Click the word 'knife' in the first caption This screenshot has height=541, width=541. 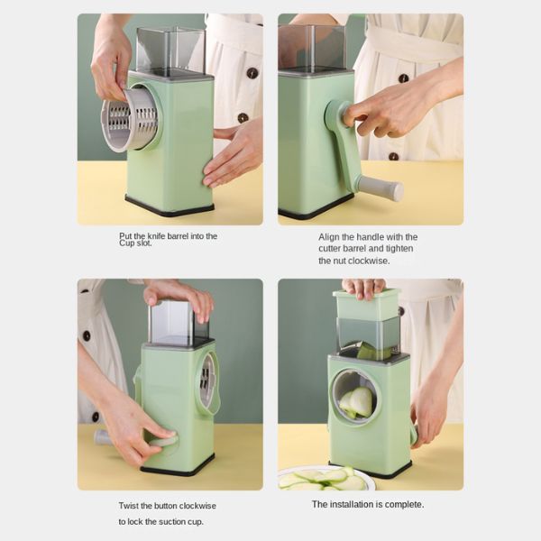[x=156, y=236]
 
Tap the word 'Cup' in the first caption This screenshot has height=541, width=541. [x=126, y=243]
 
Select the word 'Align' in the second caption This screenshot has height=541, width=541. [x=328, y=237]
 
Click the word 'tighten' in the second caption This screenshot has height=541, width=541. [x=399, y=249]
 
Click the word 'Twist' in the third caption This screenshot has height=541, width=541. [x=128, y=506]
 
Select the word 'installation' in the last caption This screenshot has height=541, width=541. [x=352, y=504]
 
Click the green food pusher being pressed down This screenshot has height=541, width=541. [x=366, y=303]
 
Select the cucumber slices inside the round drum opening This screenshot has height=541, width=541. [x=357, y=402]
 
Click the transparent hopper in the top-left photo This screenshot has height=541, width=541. [x=171, y=50]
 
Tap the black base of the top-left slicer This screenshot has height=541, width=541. [x=170, y=206]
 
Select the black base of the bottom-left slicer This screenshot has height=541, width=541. [x=177, y=465]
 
